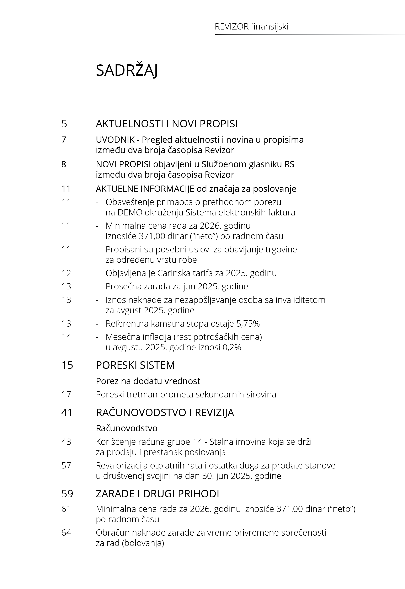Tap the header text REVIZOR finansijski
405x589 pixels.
pyautogui.click(x=251, y=27)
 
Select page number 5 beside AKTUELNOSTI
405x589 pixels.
pyautogui.click(x=64, y=124)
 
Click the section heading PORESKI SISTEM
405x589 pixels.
pyautogui.click(x=135, y=365)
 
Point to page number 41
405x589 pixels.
pyautogui.click(x=67, y=413)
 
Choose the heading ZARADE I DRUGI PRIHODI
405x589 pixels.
pyautogui.click(x=157, y=494)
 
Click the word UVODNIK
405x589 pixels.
pyautogui.click(x=112, y=140)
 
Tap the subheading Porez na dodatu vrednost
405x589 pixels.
pyautogui.click(x=148, y=381)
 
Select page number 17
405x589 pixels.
pyautogui.click(x=66, y=395)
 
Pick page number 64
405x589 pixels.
pyautogui.click(x=66, y=532)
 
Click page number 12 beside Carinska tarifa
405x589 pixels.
pyautogui.click(x=66, y=273)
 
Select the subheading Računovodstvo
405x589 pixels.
pyautogui.click(x=126, y=428)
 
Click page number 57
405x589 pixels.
pyautogui.click(x=66, y=465)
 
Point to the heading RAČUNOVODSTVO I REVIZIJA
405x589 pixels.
pyautogui.click(x=165, y=413)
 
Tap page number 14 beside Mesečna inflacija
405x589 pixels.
pyautogui.click(x=66, y=337)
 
